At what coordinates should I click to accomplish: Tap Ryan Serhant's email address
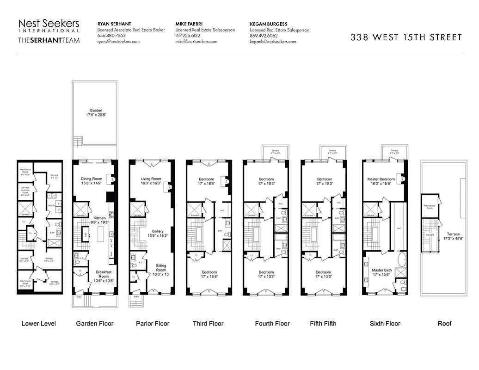click(x=118, y=42)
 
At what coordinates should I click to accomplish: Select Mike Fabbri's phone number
click(x=188, y=36)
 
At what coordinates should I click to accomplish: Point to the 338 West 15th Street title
click(x=406, y=37)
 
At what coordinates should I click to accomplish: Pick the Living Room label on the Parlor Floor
click(x=151, y=181)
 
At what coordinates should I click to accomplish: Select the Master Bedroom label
click(x=381, y=181)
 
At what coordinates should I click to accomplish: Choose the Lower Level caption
click(x=39, y=323)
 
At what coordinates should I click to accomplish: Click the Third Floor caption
click(x=208, y=323)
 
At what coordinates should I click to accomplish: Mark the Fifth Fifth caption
click(x=323, y=323)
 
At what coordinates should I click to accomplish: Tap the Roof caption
click(x=444, y=323)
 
